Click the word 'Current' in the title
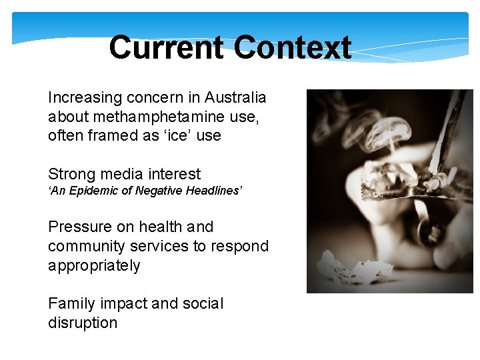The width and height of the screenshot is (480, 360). [x=166, y=48]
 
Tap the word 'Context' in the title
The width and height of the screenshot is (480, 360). [x=293, y=48]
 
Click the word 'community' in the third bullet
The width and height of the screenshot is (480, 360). [x=86, y=246]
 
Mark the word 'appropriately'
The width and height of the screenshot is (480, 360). [x=94, y=265]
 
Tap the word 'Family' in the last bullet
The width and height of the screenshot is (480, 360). [x=71, y=304]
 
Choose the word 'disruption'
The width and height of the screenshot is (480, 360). [x=83, y=323]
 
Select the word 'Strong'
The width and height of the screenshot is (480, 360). [x=71, y=175]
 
